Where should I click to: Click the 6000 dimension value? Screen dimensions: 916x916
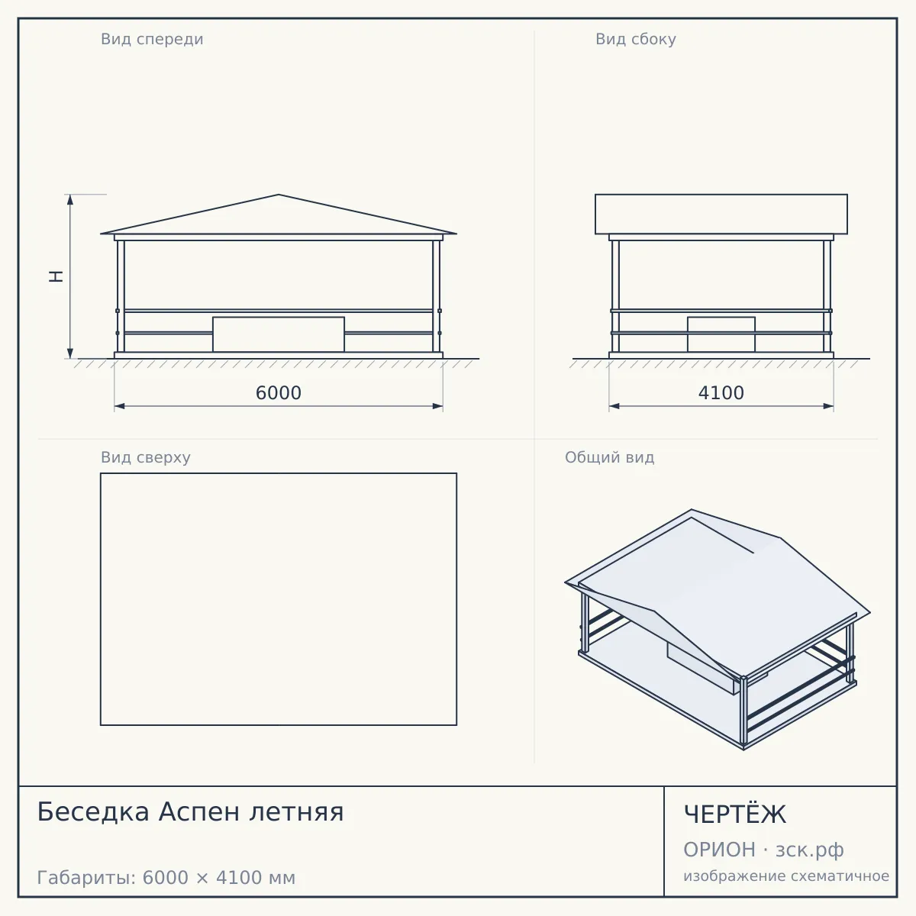pyautogui.click(x=278, y=393)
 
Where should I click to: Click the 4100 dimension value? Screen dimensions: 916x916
pyautogui.click(x=721, y=393)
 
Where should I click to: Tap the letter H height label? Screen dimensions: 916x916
pyautogui.click(x=56, y=276)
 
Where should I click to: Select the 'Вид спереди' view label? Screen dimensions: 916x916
pyautogui.click(x=152, y=40)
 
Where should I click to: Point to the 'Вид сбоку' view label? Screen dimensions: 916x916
pyautogui.click(x=636, y=40)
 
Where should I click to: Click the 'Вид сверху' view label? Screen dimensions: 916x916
pyautogui.click(x=146, y=457)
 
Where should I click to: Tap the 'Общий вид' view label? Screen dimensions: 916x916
pyautogui.click(x=609, y=457)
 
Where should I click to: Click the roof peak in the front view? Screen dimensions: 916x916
pyautogui.click(x=279, y=195)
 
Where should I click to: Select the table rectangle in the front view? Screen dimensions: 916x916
pyautogui.click(x=279, y=334)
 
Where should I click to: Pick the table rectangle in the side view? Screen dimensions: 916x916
pyautogui.click(x=721, y=334)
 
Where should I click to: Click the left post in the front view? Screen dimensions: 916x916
pyautogui.click(x=121, y=296)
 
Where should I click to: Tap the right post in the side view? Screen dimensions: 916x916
pyautogui.click(x=827, y=296)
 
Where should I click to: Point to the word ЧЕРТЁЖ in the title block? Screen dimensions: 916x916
pyautogui.click(x=735, y=814)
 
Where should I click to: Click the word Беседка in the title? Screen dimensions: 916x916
pyautogui.click(x=93, y=811)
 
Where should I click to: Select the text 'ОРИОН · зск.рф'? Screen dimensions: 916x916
pyautogui.click(x=763, y=850)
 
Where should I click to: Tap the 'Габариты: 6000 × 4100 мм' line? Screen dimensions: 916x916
pyautogui.click(x=166, y=878)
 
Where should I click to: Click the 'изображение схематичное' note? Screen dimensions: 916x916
pyautogui.click(x=786, y=876)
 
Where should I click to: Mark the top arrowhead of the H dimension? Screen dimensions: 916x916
pyautogui.click(x=70, y=200)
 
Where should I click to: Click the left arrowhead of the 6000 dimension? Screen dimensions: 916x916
pyautogui.click(x=120, y=406)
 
